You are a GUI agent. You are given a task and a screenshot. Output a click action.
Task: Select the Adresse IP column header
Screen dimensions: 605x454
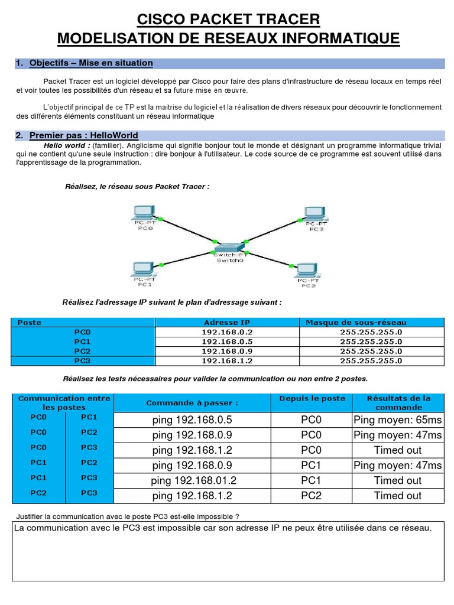pyautogui.click(x=227, y=323)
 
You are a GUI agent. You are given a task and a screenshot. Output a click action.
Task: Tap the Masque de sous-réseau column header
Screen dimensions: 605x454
pyautogui.click(x=356, y=323)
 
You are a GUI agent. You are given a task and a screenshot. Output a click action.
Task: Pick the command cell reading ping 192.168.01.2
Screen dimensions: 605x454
pyautogui.click(x=193, y=480)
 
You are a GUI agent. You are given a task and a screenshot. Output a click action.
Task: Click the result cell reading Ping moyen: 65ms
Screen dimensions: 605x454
pyautogui.click(x=397, y=420)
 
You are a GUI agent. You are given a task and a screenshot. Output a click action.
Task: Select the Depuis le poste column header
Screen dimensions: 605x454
pyautogui.click(x=311, y=399)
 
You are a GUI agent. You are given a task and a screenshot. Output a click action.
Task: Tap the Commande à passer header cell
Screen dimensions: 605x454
pyautogui.click(x=192, y=403)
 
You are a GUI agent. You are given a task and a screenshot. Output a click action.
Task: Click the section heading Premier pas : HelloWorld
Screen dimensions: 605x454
pyautogui.click(x=83, y=136)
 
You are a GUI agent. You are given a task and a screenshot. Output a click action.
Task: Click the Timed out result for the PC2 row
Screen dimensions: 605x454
pyautogui.click(x=397, y=496)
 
